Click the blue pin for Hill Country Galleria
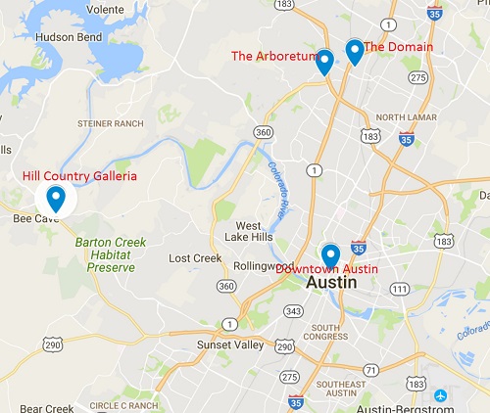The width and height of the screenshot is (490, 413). pos(56,199)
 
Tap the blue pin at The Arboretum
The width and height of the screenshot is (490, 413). pos(324,60)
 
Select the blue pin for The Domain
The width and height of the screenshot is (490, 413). pos(355,51)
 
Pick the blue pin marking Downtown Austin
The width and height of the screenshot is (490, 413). pos(330,256)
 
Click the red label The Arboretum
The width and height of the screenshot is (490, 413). pos(273,56)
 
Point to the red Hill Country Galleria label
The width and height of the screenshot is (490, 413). pos(79,176)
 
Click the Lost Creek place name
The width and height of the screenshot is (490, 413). pos(195,258)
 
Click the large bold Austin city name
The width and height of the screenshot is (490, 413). pos(331,281)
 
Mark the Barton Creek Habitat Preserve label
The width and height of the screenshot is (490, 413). pos(110,253)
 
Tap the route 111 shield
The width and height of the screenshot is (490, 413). pos(399,288)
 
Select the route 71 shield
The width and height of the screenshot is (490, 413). pos(370,369)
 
